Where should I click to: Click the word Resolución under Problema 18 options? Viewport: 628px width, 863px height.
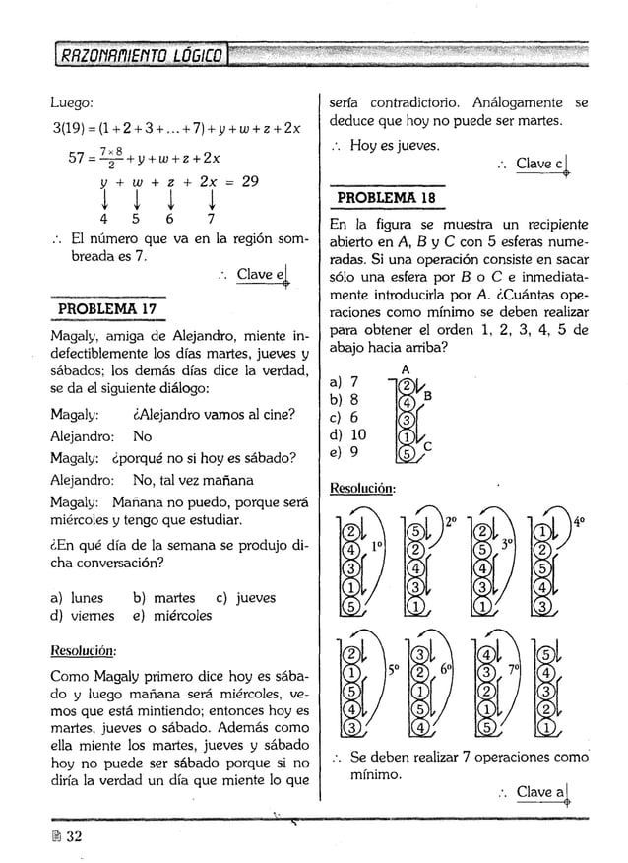[x=362, y=487]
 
